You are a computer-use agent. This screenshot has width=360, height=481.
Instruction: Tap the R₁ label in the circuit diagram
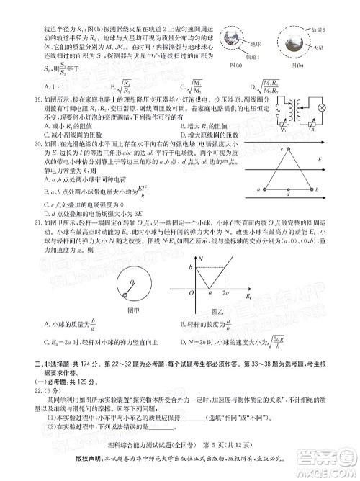coord(282,134)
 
